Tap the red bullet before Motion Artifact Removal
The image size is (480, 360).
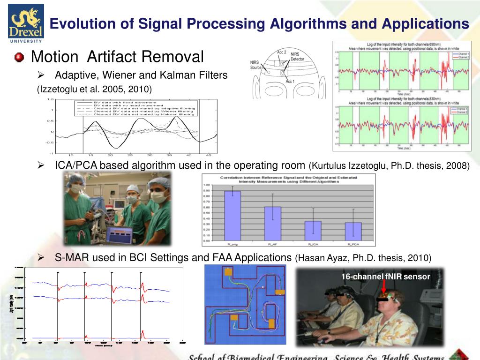[x=19, y=58]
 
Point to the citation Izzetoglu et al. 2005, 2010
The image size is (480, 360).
[x=94, y=89]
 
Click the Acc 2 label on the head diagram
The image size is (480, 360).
[x=282, y=52]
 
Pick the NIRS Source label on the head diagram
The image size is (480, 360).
[x=256, y=65]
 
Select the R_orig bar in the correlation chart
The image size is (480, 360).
[x=232, y=216]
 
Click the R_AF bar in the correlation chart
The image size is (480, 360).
[x=272, y=224]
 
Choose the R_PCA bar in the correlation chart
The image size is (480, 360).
[x=353, y=231]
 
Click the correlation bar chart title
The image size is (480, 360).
[x=289, y=180]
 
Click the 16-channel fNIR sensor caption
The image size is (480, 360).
[x=385, y=277]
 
